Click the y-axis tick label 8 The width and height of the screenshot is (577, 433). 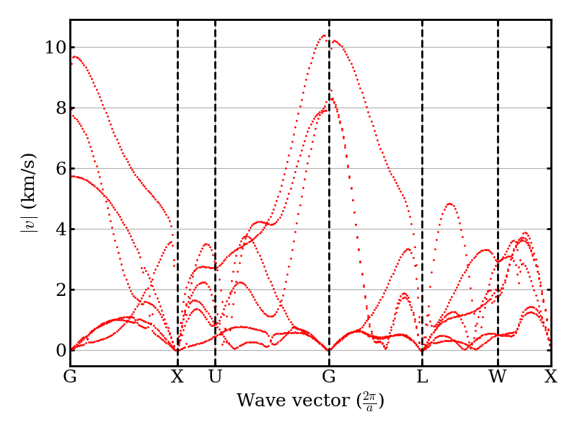pyautogui.click(x=58, y=108)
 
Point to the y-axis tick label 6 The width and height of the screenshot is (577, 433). pyautogui.click(x=58, y=169)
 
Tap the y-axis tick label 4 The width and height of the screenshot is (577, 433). pyautogui.click(x=58, y=229)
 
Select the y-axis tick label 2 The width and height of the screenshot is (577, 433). pyautogui.click(x=58, y=290)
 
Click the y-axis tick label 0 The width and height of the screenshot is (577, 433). pyautogui.click(x=58, y=351)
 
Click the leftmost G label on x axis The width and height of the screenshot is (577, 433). pyautogui.click(x=70, y=377)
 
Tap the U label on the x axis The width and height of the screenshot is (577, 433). pyautogui.click(x=215, y=377)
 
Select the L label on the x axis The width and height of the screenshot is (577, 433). pyautogui.click(x=422, y=377)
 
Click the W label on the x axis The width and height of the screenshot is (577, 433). pyautogui.click(x=498, y=377)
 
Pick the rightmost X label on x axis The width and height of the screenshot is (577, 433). pyautogui.click(x=550, y=377)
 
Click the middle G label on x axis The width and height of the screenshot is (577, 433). pyautogui.click(x=329, y=377)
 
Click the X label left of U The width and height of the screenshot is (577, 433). pyautogui.click(x=177, y=377)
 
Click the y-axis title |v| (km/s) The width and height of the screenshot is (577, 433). pyautogui.click(x=29, y=192)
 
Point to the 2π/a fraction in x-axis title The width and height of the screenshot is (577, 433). pyautogui.click(x=369, y=401)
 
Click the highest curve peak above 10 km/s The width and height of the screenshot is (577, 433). pyautogui.click(x=324, y=35)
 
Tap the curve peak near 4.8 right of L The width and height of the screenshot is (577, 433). pyautogui.click(x=449, y=204)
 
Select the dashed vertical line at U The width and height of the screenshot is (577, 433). pyautogui.click(x=215, y=144)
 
